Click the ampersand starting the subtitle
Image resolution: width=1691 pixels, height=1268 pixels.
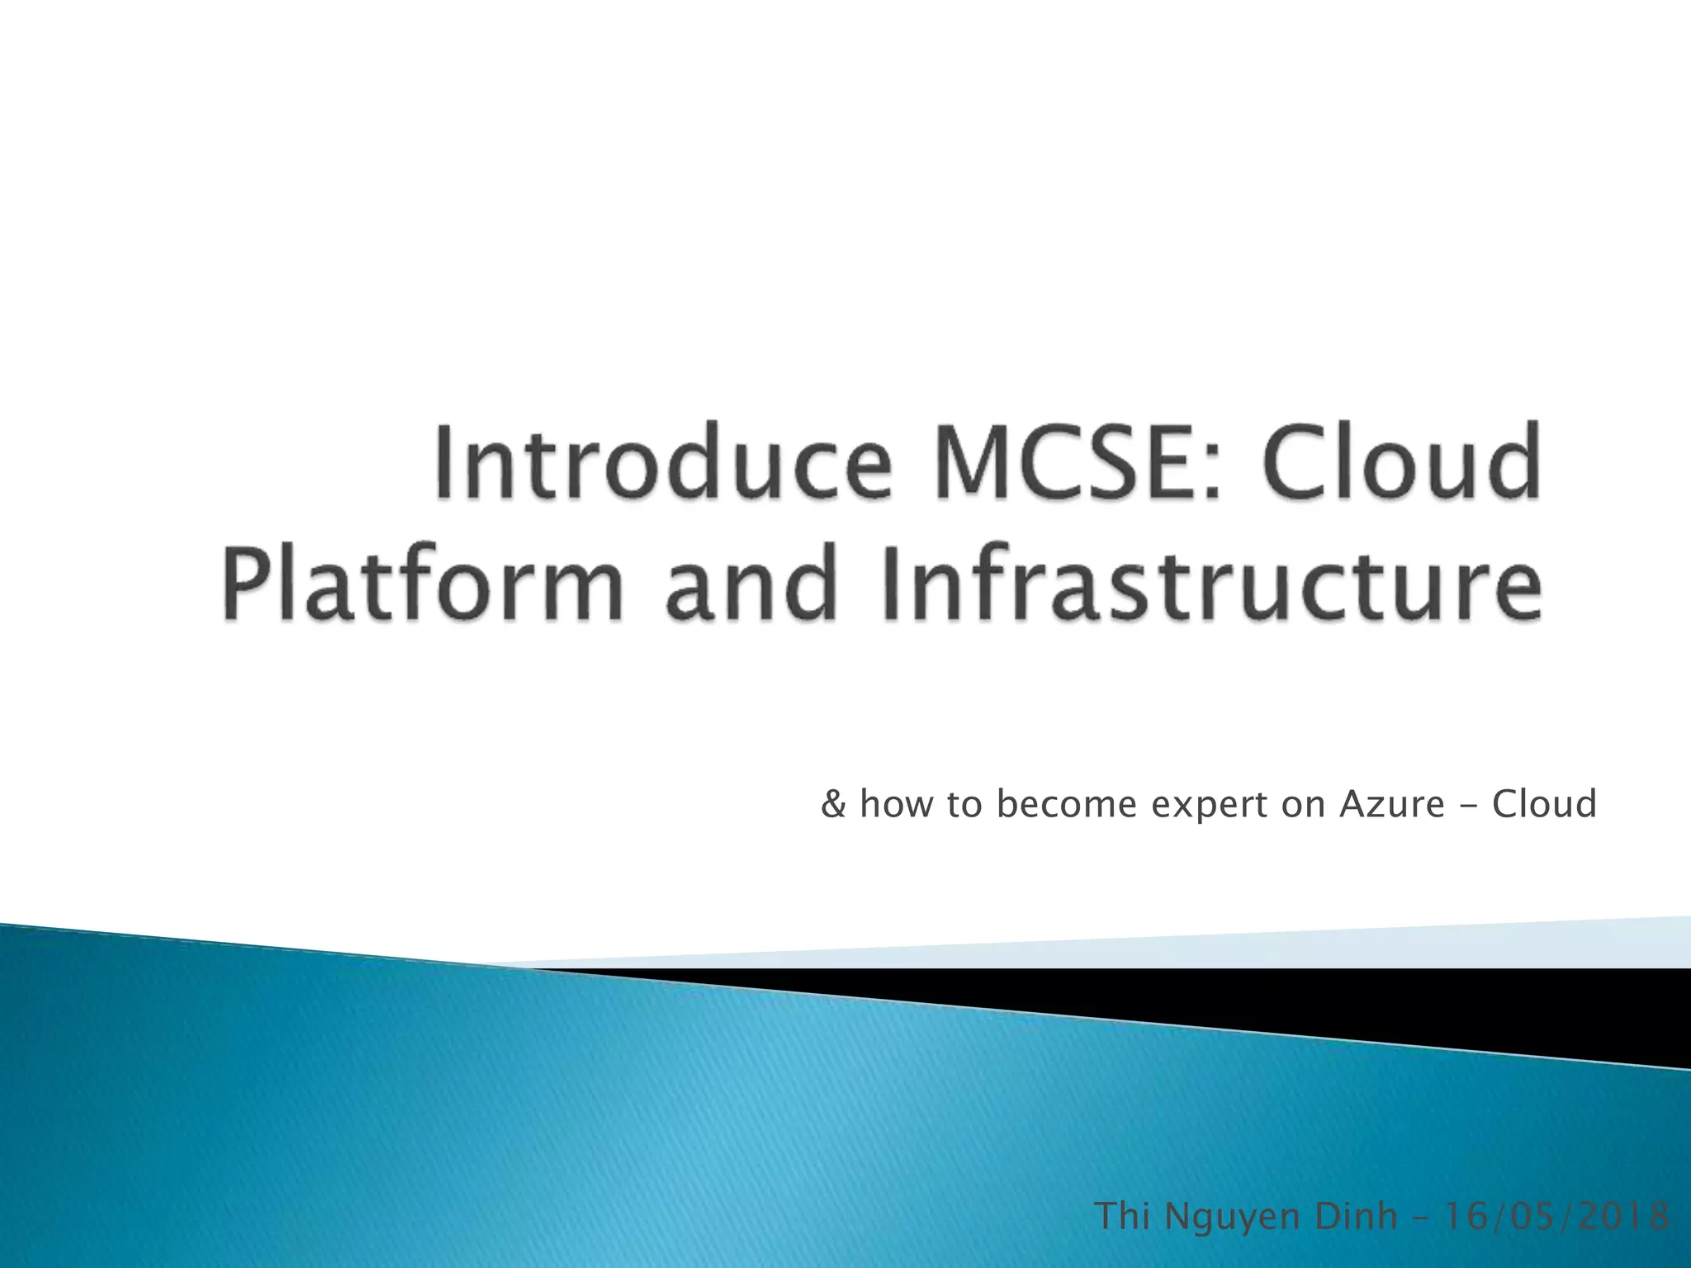pyautogui.click(x=834, y=803)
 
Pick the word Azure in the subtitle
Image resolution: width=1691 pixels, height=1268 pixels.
pyautogui.click(x=1391, y=803)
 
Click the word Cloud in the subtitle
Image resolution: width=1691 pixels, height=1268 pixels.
pyautogui.click(x=1544, y=803)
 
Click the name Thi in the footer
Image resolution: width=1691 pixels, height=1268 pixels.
pyautogui.click(x=1122, y=1217)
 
